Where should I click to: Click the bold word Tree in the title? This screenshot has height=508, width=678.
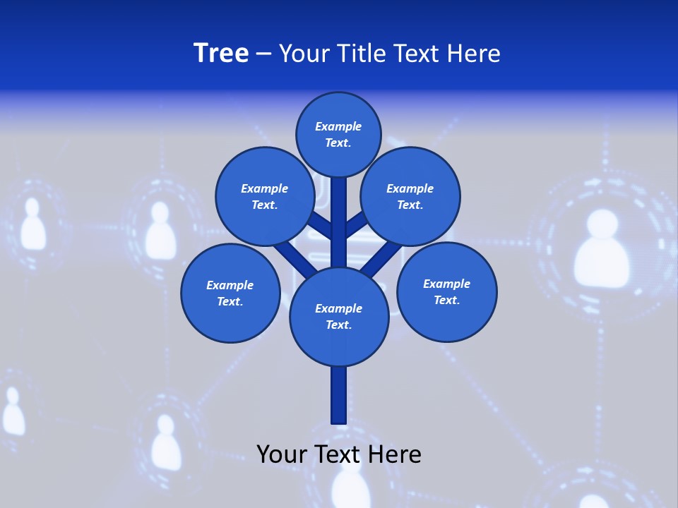click(221, 54)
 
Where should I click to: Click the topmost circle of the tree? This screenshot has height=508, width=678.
click(338, 134)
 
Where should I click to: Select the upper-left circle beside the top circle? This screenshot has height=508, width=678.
click(264, 196)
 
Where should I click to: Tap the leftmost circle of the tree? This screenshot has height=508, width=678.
click(230, 293)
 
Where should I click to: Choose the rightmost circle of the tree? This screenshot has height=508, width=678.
click(446, 291)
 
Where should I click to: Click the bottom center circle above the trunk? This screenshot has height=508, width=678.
click(339, 316)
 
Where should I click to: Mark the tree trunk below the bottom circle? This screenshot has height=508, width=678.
click(339, 395)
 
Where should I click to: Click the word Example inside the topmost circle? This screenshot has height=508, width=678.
click(338, 127)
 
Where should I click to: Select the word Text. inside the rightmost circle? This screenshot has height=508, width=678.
click(446, 301)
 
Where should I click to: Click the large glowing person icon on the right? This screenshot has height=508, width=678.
click(601, 250)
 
